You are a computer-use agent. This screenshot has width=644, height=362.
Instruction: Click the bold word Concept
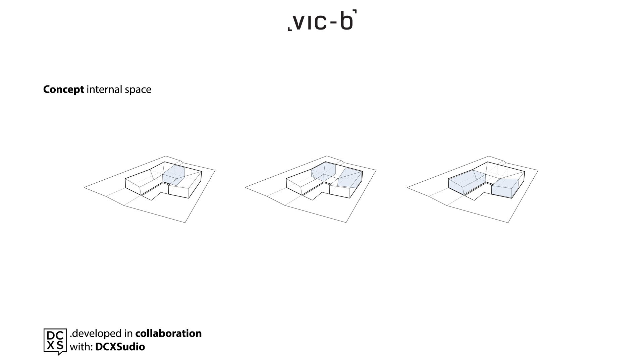(63, 89)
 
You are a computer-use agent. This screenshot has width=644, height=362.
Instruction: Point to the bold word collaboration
(168, 333)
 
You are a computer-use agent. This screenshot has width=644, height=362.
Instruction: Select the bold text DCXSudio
(120, 347)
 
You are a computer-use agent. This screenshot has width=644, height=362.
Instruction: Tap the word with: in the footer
(81, 347)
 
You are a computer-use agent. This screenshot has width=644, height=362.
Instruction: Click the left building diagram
(150, 189)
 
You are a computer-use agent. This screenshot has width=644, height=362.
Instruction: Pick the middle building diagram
(311, 189)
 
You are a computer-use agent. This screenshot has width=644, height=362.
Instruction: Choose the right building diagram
(473, 189)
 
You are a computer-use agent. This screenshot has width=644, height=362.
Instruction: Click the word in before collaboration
(129, 334)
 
